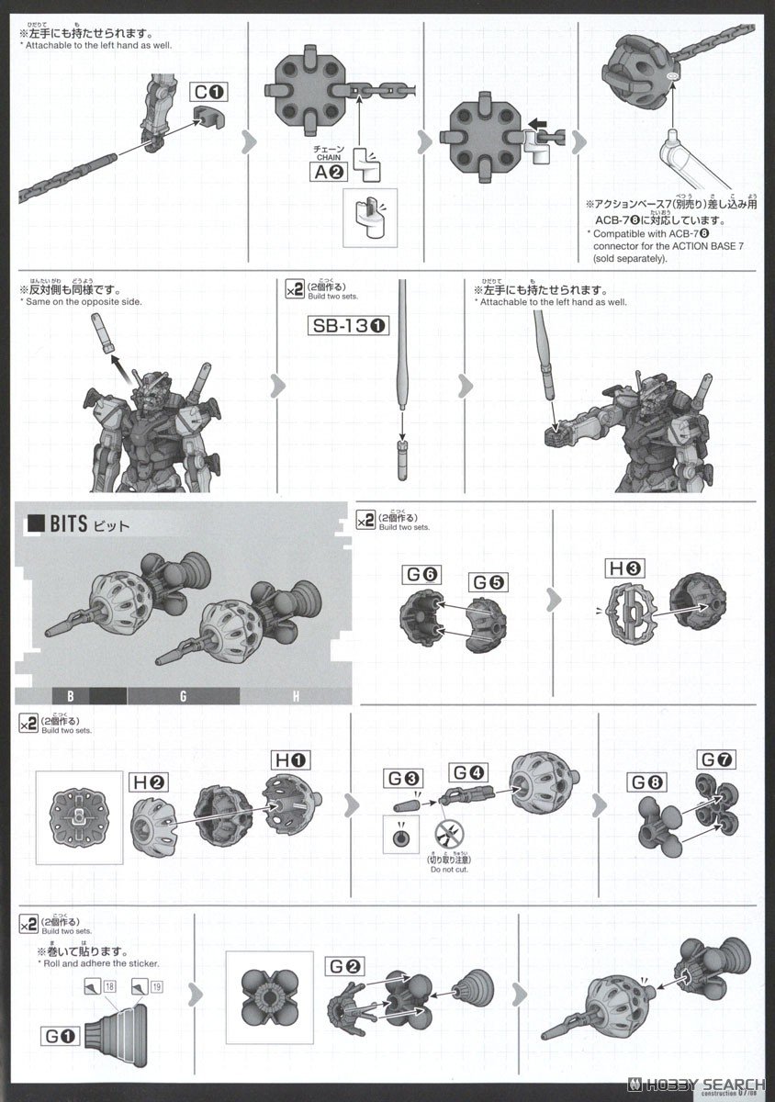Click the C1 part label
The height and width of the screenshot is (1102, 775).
tap(208, 93)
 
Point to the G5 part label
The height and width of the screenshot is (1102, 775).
tap(490, 583)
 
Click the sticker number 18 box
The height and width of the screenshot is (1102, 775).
tap(110, 986)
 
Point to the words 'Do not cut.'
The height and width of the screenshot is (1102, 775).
tap(449, 869)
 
